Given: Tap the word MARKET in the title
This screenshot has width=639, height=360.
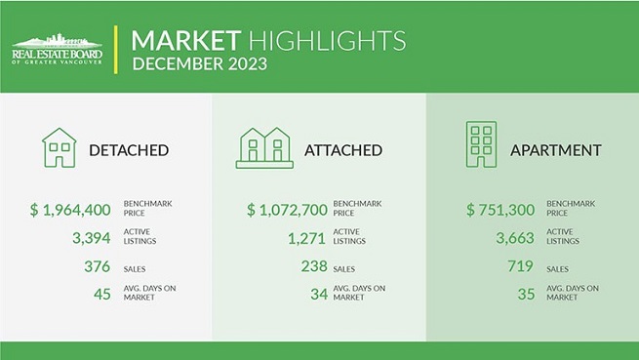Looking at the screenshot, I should (x=184, y=40).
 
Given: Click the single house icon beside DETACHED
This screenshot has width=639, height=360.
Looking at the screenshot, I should (x=59, y=147).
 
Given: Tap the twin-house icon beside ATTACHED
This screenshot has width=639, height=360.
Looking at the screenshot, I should (x=264, y=147).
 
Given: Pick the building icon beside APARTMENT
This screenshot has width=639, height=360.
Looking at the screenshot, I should (x=480, y=145).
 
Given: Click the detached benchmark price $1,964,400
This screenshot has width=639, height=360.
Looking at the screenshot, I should (x=72, y=209).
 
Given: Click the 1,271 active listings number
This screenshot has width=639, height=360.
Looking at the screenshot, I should (x=305, y=236).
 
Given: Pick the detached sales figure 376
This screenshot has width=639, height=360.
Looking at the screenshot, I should (x=98, y=266).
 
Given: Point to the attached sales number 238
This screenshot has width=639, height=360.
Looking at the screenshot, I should (x=313, y=266).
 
